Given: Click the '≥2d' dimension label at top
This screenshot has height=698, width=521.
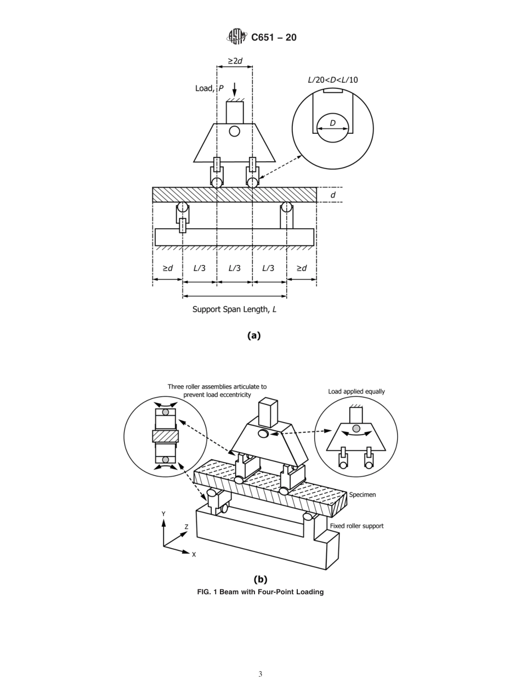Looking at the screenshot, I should pos(235,61).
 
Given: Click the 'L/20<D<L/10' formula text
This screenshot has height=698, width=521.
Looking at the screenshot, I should pos(332,80).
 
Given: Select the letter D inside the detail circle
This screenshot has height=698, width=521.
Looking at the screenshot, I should pos(332,123).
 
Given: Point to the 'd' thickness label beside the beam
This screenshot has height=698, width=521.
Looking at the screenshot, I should pos(333,195).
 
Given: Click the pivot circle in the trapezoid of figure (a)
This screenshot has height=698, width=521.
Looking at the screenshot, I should pos(234,131).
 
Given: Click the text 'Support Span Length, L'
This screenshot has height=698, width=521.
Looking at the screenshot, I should pos(234,309).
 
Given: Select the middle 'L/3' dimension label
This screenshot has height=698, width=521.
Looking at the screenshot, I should pos(234,268).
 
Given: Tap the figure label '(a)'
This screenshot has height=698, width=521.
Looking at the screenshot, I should pos(254,335).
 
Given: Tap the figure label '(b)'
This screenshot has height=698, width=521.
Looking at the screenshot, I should pos(260,579).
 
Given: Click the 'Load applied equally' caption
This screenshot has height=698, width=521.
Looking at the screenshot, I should pos(356,391).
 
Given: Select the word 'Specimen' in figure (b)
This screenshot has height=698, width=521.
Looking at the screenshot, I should pos(363,494).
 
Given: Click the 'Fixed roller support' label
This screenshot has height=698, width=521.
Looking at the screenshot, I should pos(356,526).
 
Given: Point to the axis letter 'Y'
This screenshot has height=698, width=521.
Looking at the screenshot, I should pos(163,514).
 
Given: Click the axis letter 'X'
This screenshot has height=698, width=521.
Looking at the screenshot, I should pos(194,555).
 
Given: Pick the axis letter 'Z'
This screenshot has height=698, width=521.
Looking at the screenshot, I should pos(186,527).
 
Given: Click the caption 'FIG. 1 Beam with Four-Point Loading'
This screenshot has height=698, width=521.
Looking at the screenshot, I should pos(260,592).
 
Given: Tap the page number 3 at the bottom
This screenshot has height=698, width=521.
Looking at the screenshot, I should pos(260,674).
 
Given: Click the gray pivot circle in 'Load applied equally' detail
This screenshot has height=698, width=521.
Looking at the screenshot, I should pos(356,428).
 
